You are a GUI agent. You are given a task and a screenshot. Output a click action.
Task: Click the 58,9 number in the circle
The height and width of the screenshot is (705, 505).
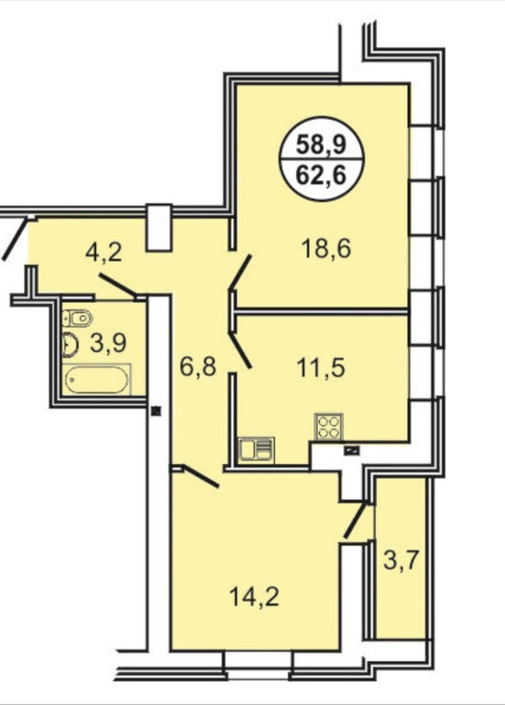(x=321, y=145)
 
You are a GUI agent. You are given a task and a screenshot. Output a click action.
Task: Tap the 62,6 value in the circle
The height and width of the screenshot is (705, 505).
(x=321, y=175)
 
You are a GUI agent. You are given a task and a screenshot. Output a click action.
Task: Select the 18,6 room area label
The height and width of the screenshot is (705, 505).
(x=326, y=249)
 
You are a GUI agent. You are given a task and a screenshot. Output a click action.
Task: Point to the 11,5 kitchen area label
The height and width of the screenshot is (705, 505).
(x=321, y=368)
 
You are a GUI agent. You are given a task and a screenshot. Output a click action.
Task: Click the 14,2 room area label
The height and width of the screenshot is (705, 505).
(x=254, y=597)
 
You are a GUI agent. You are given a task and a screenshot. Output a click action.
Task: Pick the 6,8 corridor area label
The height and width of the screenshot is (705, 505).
(x=199, y=366)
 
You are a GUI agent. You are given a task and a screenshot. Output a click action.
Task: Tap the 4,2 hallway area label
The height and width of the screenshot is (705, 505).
(x=104, y=253)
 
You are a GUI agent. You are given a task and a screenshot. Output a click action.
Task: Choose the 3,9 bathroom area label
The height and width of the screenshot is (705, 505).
(x=108, y=343)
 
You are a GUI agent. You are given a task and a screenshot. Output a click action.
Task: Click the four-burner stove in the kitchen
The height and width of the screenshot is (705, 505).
(x=328, y=427)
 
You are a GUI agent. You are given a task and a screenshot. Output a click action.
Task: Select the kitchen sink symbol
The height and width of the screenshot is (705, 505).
(x=256, y=450)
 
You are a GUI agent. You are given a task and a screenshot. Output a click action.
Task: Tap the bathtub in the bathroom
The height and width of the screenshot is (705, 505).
(x=96, y=379)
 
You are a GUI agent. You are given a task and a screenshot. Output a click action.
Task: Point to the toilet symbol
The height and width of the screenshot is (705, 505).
(x=77, y=319)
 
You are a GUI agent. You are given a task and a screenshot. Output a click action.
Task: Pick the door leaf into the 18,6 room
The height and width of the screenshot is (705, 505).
(x=240, y=272)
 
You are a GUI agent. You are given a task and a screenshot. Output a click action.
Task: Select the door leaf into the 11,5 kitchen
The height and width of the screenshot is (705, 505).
(x=240, y=351)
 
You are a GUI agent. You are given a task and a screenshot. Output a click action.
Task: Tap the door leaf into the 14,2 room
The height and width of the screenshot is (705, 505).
(x=201, y=477)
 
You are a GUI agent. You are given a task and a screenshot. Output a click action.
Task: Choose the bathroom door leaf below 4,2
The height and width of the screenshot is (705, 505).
(x=118, y=286)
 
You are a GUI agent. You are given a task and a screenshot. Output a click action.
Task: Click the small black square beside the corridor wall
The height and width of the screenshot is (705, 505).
(x=156, y=410)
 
